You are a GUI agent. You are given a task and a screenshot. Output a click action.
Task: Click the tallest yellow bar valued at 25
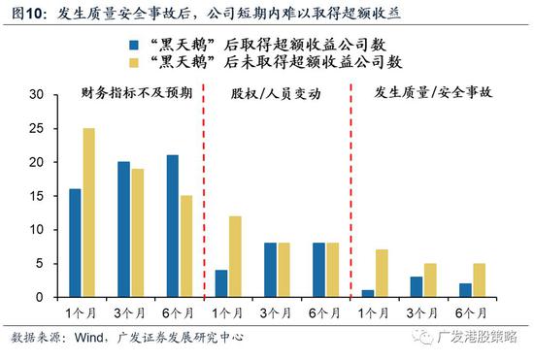click(88, 213)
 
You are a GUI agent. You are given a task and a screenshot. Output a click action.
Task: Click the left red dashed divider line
click(203, 194)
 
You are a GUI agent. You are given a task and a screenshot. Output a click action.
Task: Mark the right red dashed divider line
click(350, 194)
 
